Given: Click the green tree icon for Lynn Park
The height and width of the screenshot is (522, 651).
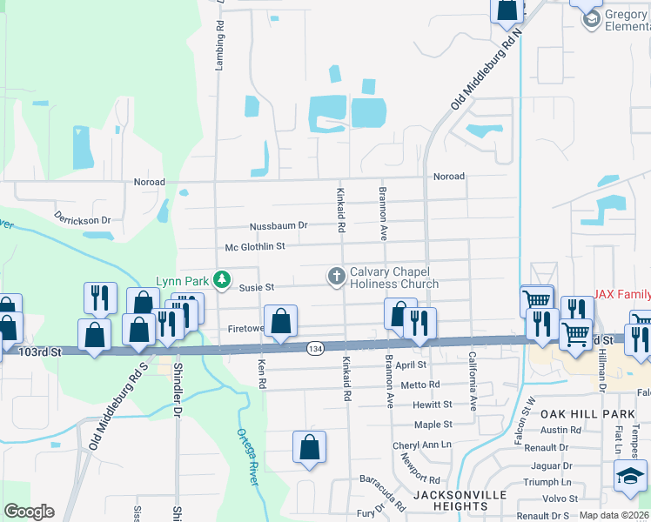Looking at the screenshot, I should (x=223, y=279).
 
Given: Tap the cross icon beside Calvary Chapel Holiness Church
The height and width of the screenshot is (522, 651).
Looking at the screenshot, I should (x=336, y=277).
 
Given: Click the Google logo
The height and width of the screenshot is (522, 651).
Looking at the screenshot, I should (x=29, y=512).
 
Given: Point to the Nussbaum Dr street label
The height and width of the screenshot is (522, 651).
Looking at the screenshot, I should (x=279, y=225).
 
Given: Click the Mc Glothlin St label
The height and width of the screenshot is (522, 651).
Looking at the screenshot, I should (x=255, y=247).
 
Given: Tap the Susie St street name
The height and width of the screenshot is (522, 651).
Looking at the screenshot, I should (x=257, y=287).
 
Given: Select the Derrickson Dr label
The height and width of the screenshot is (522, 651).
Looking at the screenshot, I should (x=84, y=217).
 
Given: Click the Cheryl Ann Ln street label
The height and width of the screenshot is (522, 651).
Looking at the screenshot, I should (x=423, y=445).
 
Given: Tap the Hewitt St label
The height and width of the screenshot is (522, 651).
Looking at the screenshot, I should (x=433, y=405).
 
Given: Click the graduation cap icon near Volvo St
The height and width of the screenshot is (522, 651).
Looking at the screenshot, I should (x=631, y=475).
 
